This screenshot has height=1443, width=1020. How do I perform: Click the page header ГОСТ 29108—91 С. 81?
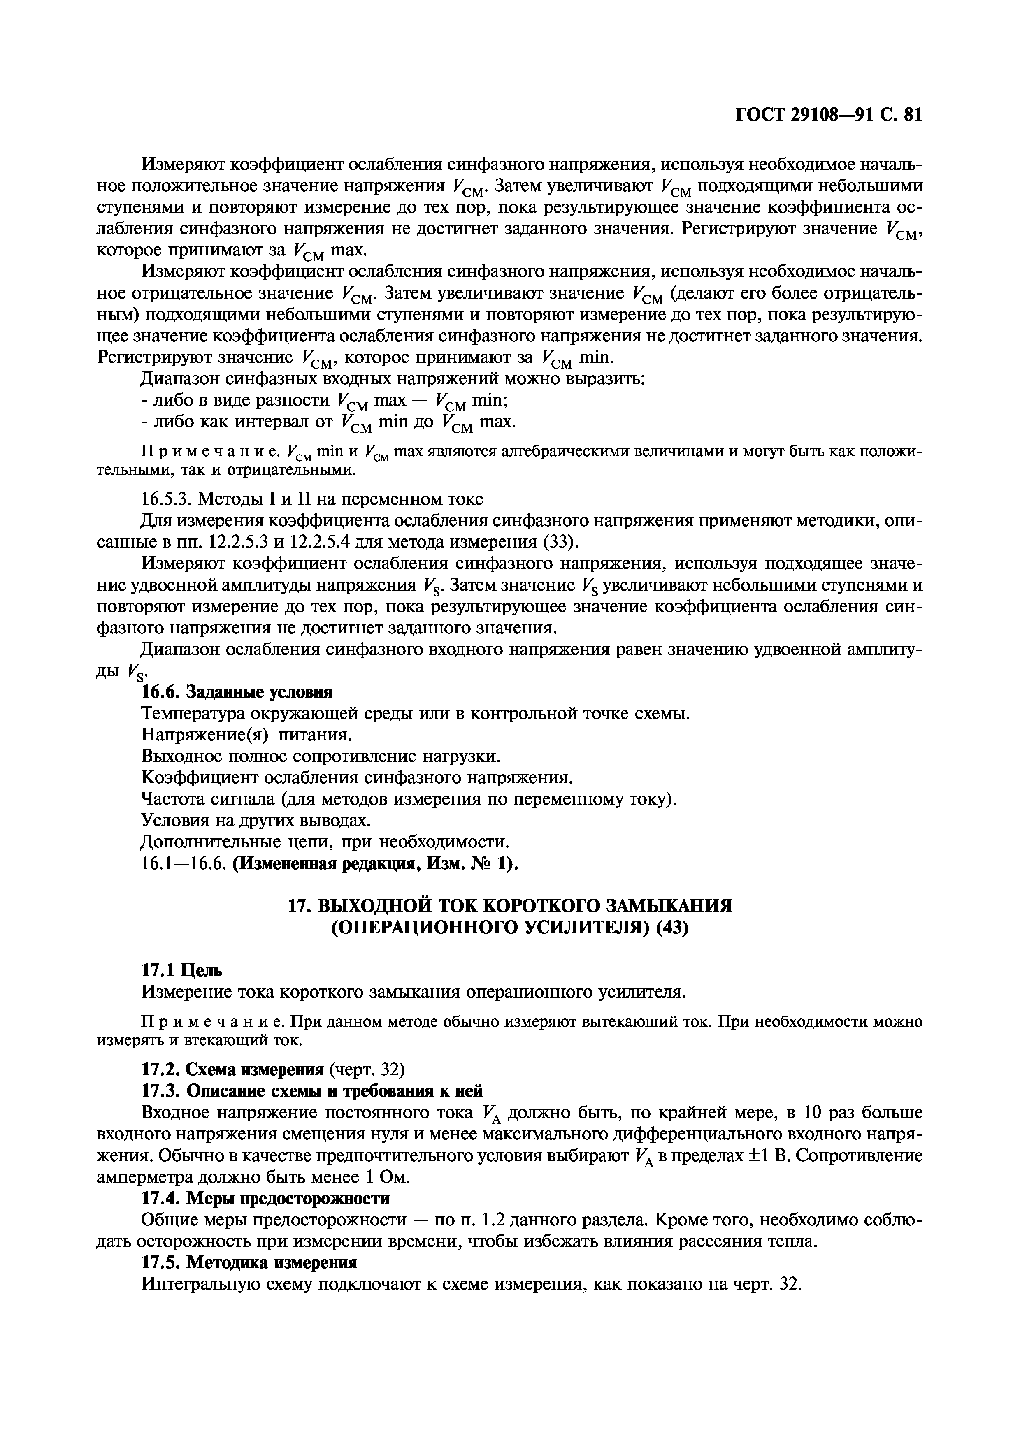click(828, 115)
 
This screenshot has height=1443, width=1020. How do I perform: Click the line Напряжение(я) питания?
click(246, 735)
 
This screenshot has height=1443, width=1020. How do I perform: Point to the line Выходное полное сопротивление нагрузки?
click(321, 756)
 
